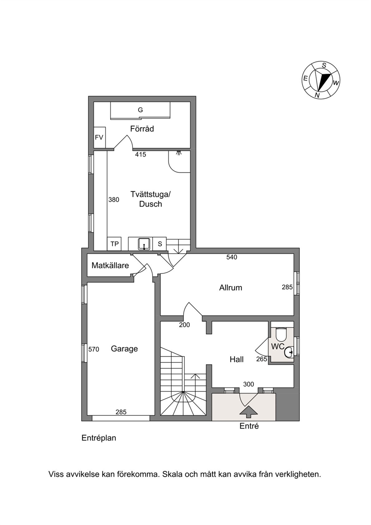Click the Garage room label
(124, 349)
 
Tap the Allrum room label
(231, 288)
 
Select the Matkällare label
(110, 265)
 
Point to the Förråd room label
(142, 129)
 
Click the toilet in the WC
(281, 334)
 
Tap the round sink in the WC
(289, 352)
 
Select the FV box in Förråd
(99, 138)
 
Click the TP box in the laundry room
(114, 244)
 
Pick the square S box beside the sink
(160, 244)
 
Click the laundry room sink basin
(144, 244)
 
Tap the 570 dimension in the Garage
(94, 350)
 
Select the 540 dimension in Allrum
(232, 257)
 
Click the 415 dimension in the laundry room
(141, 154)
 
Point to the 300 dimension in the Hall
(248, 384)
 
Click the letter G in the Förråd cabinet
(140, 110)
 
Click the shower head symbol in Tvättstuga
(179, 153)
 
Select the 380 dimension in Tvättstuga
(114, 200)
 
